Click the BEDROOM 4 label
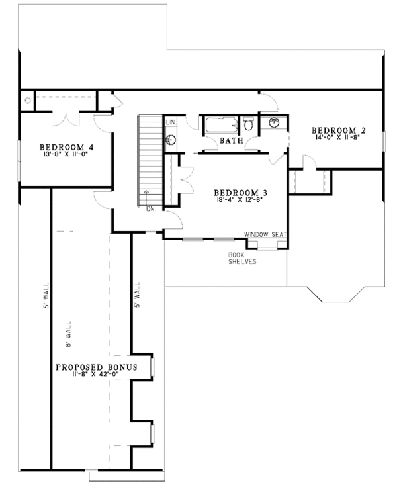click(64, 147)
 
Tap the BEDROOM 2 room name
click(339, 130)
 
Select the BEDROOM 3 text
click(240, 192)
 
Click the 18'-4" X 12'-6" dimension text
click(240, 199)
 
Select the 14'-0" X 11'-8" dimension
click(339, 138)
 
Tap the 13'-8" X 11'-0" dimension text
click(64, 154)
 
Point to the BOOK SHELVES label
click(238, 258)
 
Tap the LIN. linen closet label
click(170, 123)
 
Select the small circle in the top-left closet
click(27, 101)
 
